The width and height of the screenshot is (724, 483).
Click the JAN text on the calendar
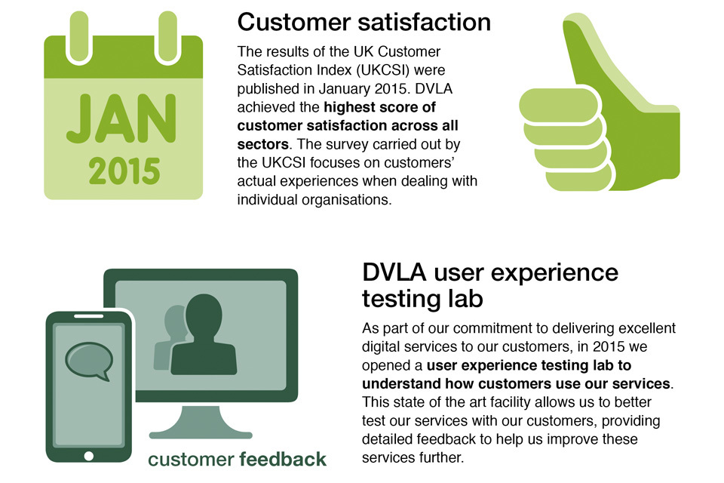(121, 118)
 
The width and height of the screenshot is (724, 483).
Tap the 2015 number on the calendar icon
(124, 171)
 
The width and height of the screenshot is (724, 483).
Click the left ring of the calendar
(79, 37)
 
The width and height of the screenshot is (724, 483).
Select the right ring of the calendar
(167, 37)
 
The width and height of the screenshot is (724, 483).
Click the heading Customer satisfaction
(364, 22)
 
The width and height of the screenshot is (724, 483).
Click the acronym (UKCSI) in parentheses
(383, 70)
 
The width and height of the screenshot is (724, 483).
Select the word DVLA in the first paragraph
(434, 88)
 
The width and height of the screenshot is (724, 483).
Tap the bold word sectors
(262, 144)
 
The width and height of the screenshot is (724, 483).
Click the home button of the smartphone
(89, 456)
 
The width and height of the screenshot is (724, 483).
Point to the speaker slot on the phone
(89, 316)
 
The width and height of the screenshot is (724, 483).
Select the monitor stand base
(201, 435)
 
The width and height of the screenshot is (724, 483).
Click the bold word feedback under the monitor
(283, 460)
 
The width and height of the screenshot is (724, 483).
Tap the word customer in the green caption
(191, 460)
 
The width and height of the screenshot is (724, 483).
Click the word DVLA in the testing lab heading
(394, 272)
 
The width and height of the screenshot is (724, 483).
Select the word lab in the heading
(465, 299)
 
